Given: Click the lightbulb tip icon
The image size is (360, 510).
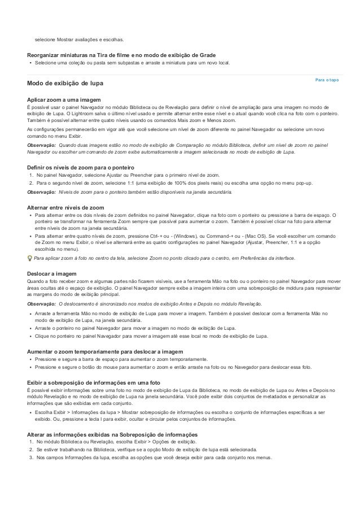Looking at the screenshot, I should [30, 258].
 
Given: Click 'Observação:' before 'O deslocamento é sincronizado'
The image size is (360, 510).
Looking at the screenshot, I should [41, 304].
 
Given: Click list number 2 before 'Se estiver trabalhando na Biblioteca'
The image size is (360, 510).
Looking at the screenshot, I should [31, 449].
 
